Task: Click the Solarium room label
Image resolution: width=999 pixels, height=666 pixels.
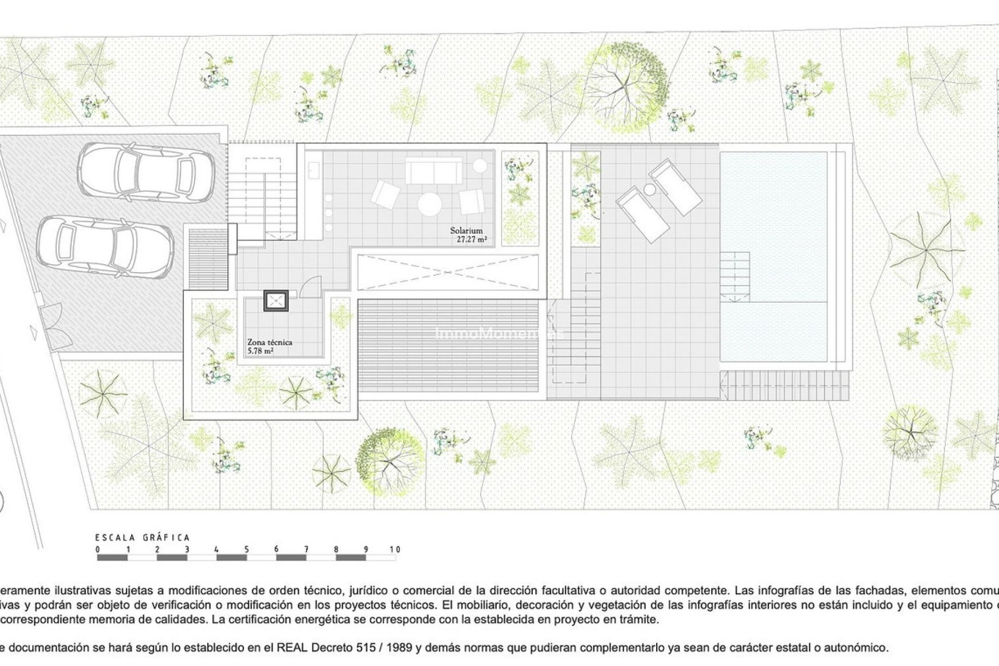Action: pos(466,230)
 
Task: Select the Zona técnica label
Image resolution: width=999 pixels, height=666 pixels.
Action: pos(269,342)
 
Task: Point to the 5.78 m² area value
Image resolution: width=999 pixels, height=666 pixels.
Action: pos(261,351)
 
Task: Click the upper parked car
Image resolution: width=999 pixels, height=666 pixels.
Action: pos(145,170)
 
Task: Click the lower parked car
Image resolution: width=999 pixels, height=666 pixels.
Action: pos(105,246)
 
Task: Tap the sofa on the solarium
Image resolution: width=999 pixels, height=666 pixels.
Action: pos(433,170)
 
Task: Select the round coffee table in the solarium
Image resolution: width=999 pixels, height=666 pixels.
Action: pos(430,204)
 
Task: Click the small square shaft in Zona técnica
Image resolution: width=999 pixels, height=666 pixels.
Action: pos(276,301)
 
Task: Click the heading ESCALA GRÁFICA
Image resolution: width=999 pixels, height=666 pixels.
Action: pos(143,537)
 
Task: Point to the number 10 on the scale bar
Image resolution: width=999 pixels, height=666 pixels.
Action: pos(395,549)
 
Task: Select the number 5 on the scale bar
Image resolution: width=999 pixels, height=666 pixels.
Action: pos(247,549)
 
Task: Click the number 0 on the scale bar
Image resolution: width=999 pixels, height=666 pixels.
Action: pos(98,549)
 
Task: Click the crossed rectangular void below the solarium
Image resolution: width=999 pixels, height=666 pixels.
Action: pos(447,272)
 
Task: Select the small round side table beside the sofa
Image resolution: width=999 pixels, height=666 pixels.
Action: pos(480,165)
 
